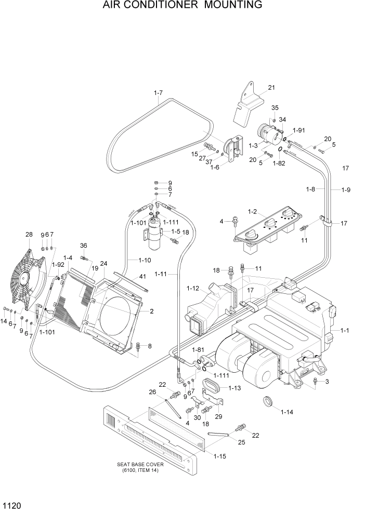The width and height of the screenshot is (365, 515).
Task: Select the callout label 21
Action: click(271, 87)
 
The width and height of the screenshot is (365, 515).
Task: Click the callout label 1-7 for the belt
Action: click(159, 93)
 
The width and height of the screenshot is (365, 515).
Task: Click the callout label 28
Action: click(29, 235)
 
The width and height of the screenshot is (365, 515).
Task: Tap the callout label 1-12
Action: click(192, 288)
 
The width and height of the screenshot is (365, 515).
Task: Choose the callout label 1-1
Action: click(345, 330)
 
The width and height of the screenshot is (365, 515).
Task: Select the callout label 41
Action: click(142, 277)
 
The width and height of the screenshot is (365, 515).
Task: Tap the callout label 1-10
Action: click(145, 260)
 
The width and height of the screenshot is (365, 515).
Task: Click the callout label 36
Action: click(83, 246)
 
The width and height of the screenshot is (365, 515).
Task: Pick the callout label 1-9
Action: click(346, 189)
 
